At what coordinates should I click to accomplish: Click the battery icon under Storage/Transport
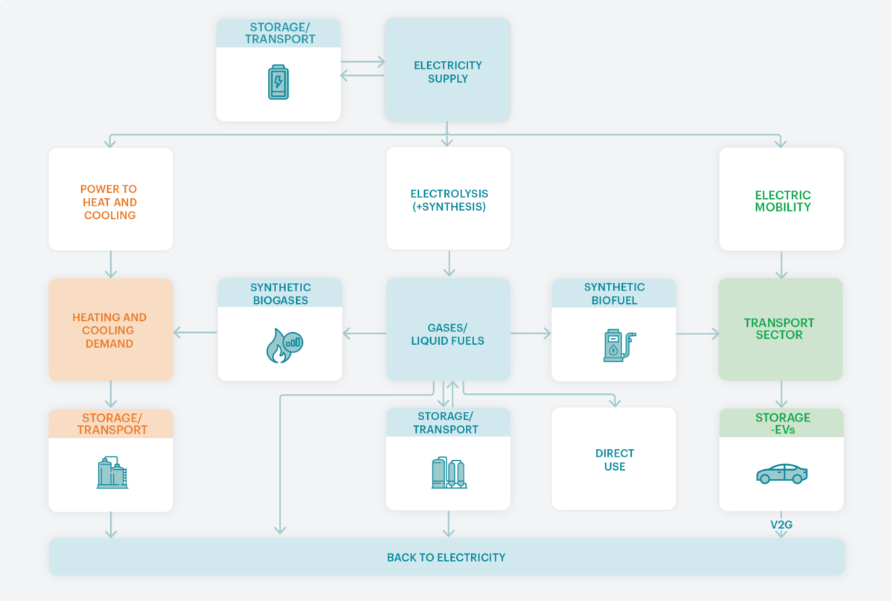tap(278, 82)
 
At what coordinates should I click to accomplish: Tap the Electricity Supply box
tap(447, 70)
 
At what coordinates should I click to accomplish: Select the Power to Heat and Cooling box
tap(111, 199)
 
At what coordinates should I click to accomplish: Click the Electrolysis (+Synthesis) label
tap(449, 200)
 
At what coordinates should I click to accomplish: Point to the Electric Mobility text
tap(783, 201)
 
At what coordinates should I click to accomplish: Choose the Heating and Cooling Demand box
tap(111, 330)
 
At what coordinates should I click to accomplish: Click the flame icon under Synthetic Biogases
tap(284, 346)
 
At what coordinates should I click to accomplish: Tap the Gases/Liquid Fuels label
tap(448, 334)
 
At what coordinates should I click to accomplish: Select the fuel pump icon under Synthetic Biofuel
tap(619, 346)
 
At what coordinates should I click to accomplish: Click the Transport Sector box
tap(781, 329)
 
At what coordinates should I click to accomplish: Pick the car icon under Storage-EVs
tap(782, 474)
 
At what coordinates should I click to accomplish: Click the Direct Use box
tap(614, 459)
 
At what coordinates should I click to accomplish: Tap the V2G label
tap(781, 524)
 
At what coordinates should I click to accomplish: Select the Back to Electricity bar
tap(446, 557)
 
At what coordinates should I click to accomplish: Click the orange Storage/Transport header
tap(111, 424)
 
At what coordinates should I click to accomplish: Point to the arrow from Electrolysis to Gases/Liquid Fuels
tap(449, 264)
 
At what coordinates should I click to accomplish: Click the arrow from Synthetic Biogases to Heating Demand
tap(195, 332)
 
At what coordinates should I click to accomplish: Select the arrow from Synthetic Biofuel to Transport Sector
tap(698, 334)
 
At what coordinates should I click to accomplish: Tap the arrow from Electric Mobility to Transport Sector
tap(781, 264)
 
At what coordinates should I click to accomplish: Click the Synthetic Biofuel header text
tap(614, 293)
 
